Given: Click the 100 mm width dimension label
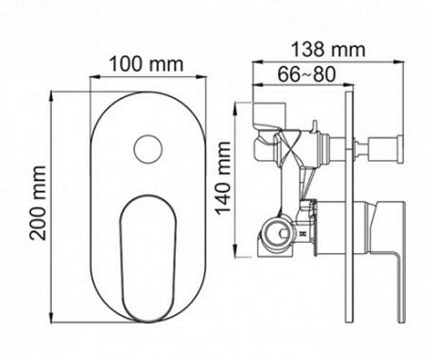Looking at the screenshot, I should [146, 63].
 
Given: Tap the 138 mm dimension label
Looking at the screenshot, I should [329, 50].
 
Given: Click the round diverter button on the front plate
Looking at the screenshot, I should [148, 149].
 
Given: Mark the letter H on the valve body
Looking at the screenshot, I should [304, 234].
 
